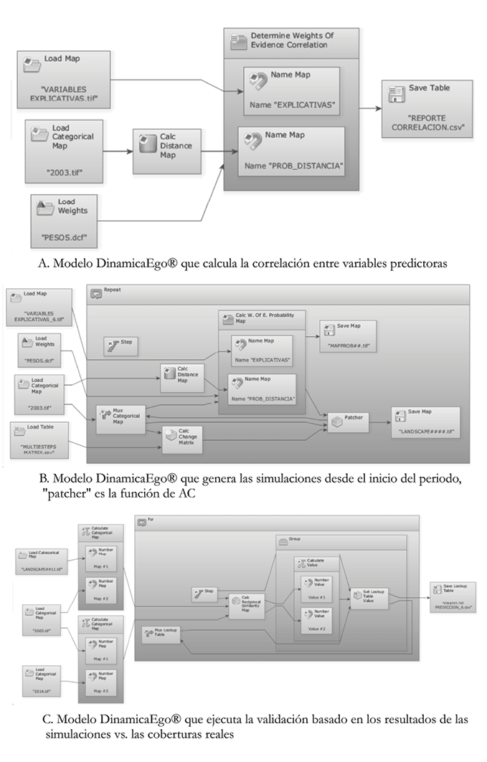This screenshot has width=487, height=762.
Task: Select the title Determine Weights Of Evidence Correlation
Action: click(292, 39)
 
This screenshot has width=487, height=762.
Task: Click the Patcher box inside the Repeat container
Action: click(349, 423)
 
